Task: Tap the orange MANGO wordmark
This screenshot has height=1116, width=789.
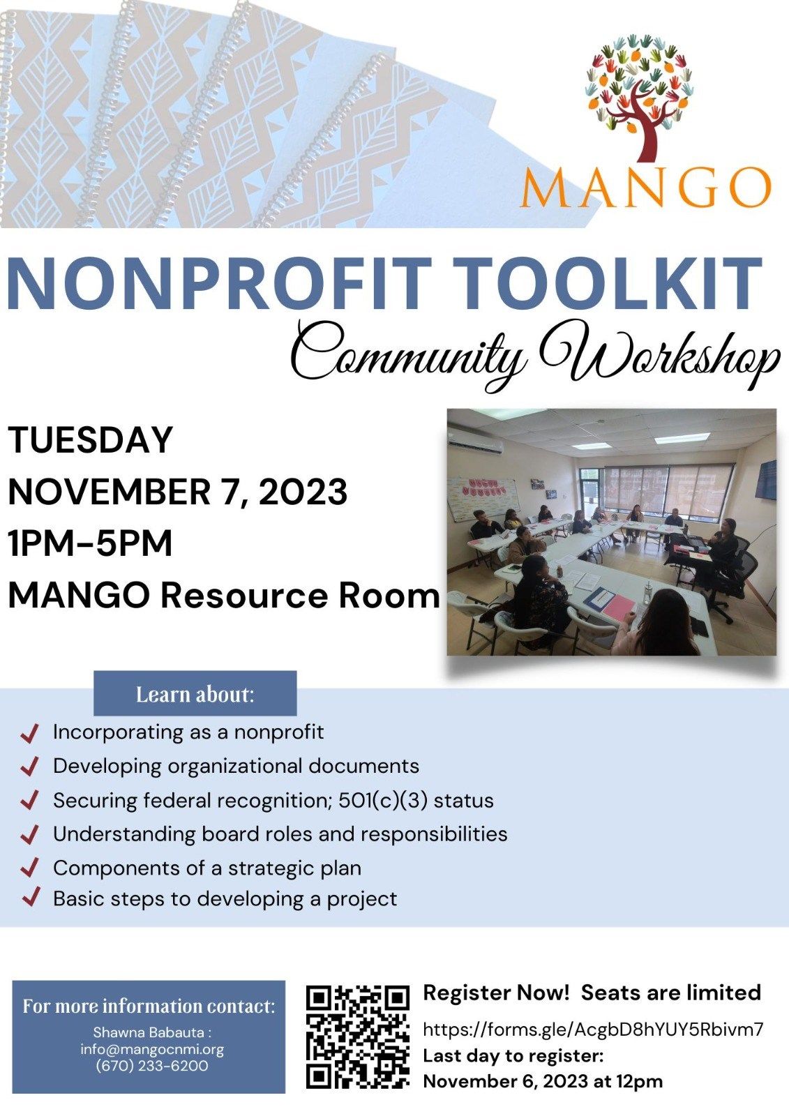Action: pyautogui.click(x=645, y=186)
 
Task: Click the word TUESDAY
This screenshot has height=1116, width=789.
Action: pyautogui.click(x=90, y=440)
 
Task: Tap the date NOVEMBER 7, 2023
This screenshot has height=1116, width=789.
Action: pyautogui.click(x=177, y=492)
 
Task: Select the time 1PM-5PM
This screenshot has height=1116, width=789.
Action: pyautogui.click(x=90, y=543)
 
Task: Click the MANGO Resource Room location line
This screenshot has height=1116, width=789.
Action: pyautogui.click(x=223, y=596)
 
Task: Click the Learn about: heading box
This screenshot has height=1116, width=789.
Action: pyautogui.click(x=195, y=694)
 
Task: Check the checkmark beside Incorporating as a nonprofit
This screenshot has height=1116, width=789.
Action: pyautogui.click(x=30, y=733)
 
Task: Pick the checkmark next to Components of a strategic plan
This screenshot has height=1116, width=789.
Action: pyautogui.click(x=30, y=868)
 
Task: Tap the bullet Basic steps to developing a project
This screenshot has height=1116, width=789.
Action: pyautogui.click(x=225, y=898)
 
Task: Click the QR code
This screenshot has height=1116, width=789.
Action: pyautogui.click(x=358, y=1036)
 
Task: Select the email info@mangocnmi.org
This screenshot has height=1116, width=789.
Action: pyautogui.click(x=151, y=1049)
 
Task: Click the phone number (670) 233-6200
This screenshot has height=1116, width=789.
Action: pyautogui.click(x=151, y=1066)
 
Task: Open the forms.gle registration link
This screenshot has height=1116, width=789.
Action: pyautogui.click(x=593, y=1029)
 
